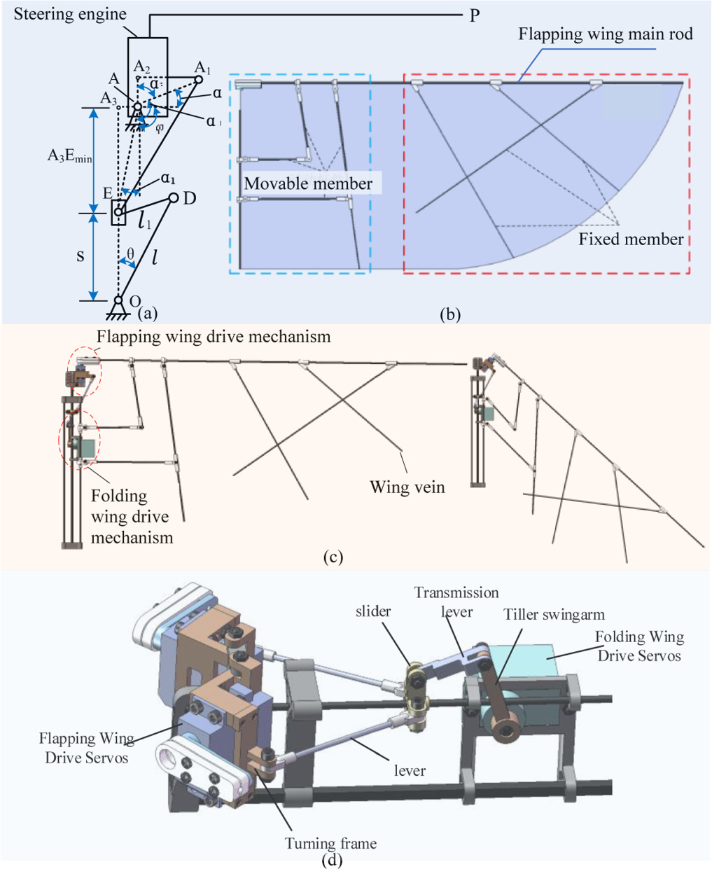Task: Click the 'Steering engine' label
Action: pos(70,14)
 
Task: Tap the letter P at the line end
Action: pos(475,15)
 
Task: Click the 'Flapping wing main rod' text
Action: pos(606,34)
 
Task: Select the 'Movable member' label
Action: pos(308,183)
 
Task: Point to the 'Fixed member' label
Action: pos(631,239)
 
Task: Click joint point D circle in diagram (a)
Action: pos(174,198)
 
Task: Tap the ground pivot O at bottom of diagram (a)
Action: pos(119,301)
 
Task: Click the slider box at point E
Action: pos(118,211)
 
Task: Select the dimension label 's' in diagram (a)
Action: pos(81,256)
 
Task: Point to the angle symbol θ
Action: pos(130,253)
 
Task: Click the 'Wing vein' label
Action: pos(407,487)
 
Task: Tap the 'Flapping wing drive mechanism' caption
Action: pos(214,337)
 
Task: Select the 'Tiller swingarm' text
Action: pos(554,614)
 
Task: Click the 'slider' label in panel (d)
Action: pos(373,611)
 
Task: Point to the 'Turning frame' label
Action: pos(330,843)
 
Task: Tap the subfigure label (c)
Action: pos(333,557)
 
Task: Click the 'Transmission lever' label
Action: pos(456,602)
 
